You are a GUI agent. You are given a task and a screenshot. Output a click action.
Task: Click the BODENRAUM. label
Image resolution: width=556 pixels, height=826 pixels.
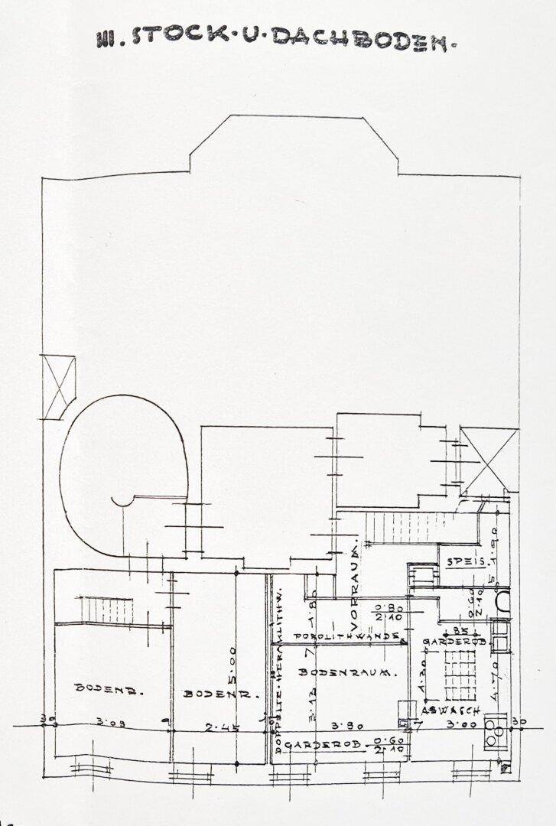click(346, 673)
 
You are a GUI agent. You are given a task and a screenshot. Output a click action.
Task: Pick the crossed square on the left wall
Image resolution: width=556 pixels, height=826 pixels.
click(59, 387)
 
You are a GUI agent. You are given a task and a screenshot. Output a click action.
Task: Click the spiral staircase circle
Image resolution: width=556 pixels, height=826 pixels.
click(125, 474)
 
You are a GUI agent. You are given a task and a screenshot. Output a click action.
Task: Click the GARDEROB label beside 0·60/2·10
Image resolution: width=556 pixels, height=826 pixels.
click(315, 743)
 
